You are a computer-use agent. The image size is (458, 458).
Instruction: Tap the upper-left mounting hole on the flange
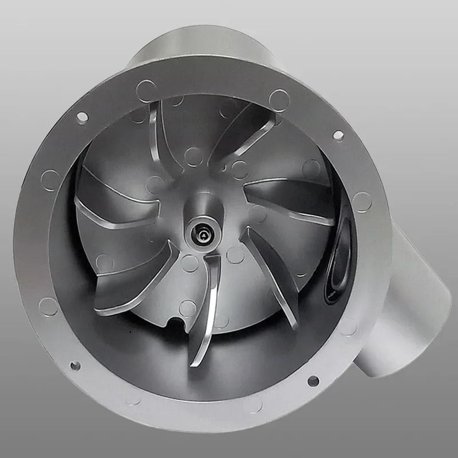click(82, 117)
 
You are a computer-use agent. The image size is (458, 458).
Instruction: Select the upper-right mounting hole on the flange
click(338, 135)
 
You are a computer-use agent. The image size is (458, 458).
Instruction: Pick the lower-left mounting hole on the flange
click(75, 365)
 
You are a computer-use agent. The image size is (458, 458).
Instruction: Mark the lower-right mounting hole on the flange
click(313, 381)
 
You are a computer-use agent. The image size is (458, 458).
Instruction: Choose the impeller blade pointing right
click(292, 198)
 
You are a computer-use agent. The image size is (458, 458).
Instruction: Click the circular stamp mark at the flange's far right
click(362, 202)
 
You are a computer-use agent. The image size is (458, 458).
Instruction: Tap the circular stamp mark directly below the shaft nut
click(190, 263)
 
